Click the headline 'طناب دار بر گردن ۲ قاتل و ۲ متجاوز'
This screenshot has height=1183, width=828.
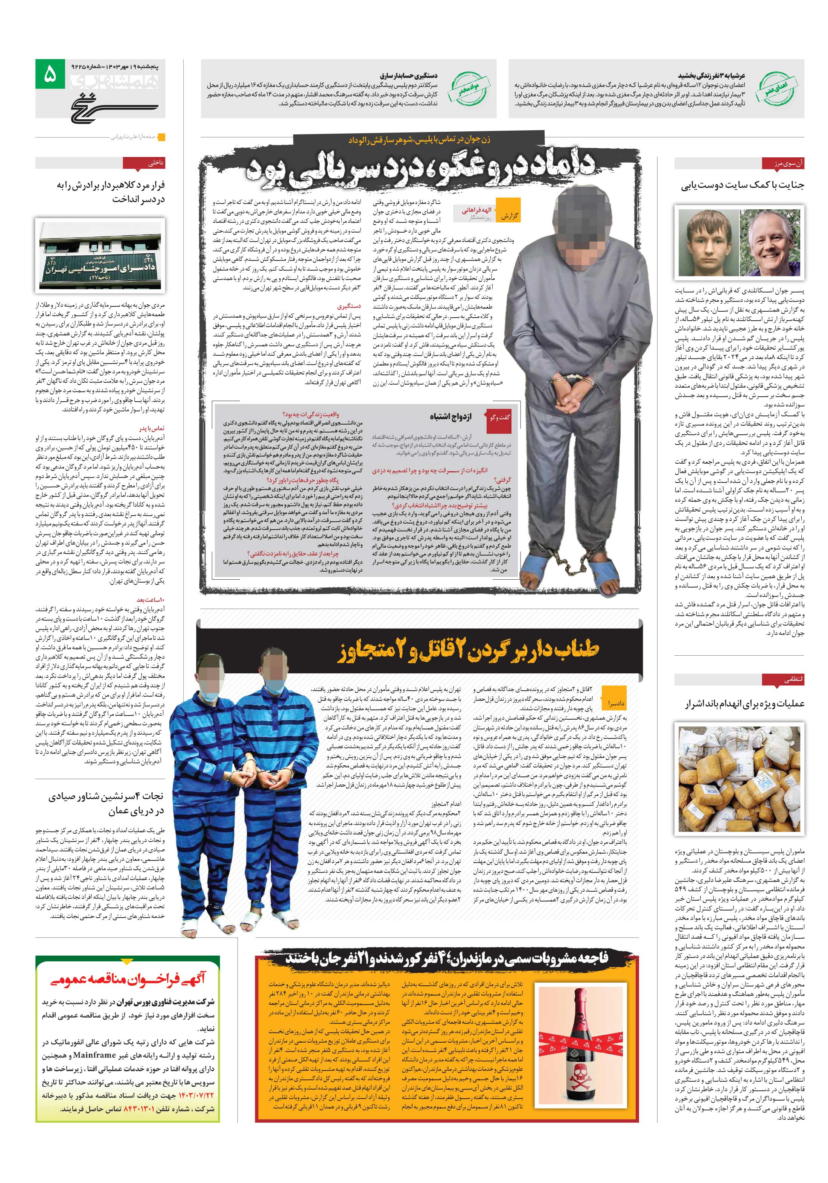tap(468, 650)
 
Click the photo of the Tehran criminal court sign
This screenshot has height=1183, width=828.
tap(100, 254)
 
